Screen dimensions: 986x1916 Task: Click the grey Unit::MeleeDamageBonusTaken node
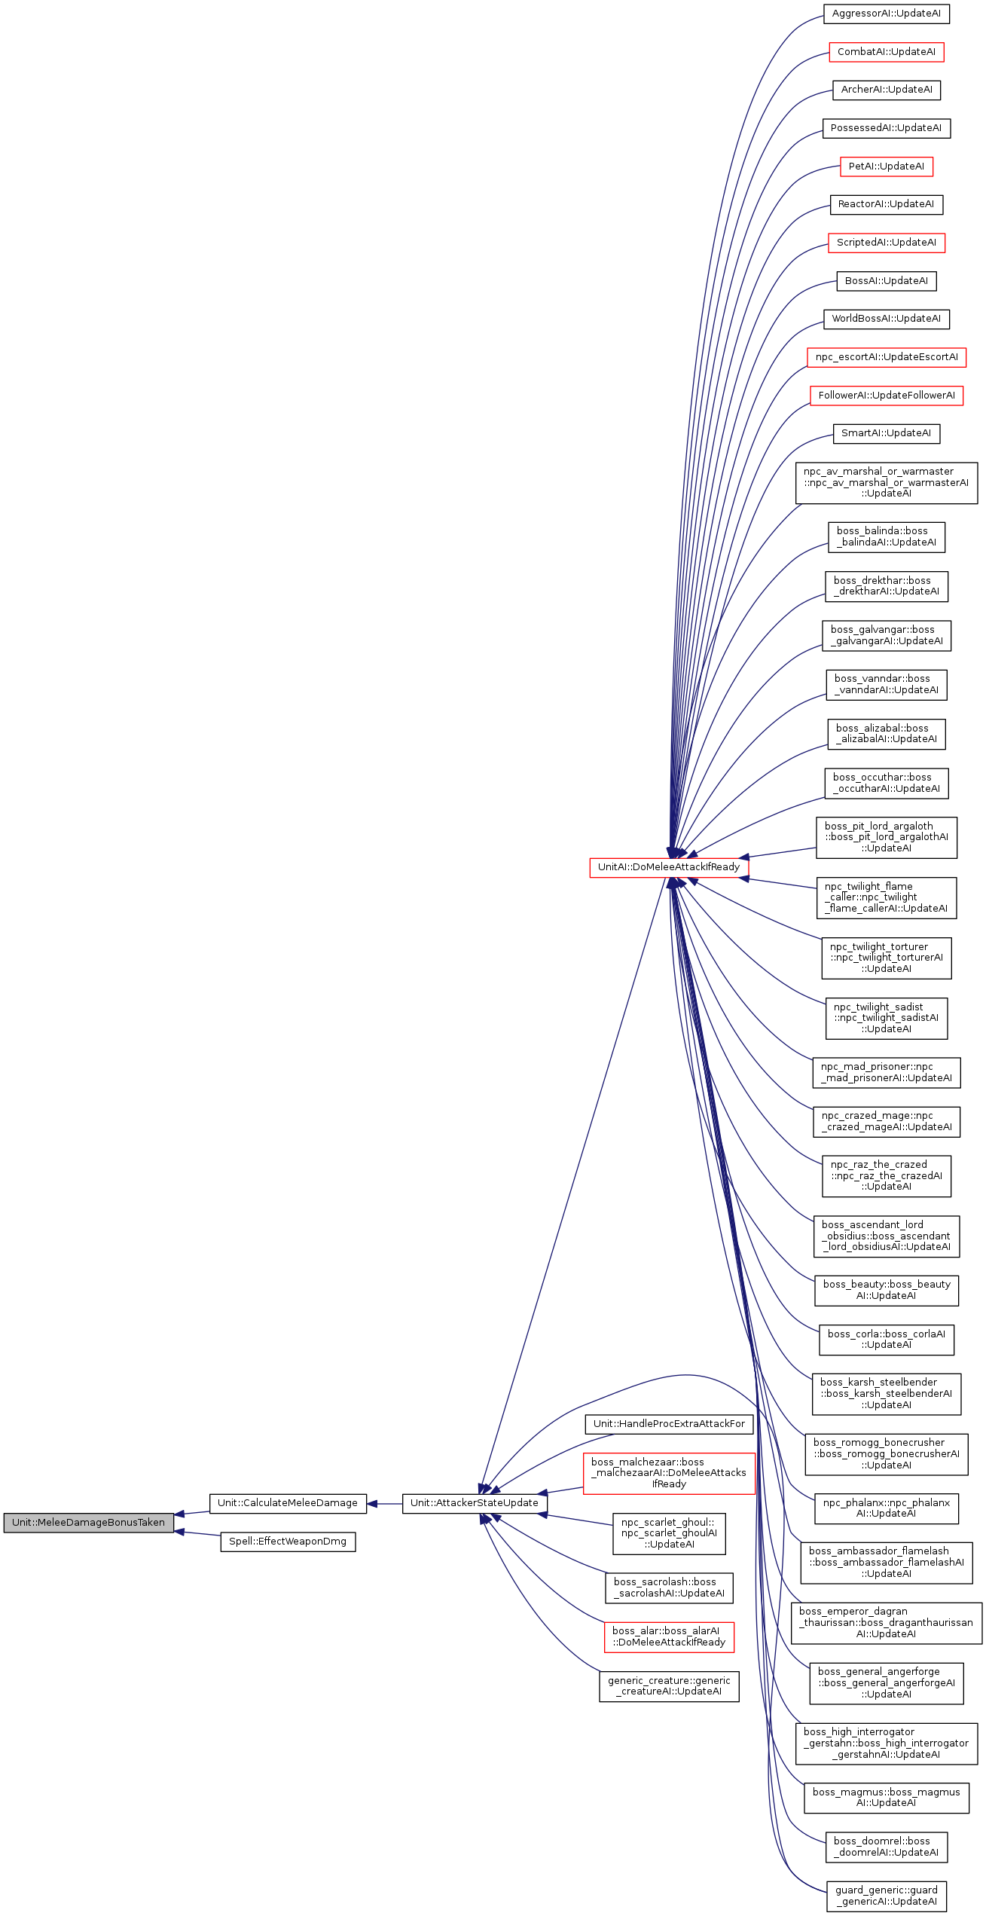[88, 1522]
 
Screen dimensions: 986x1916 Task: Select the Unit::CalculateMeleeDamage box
[287, 1502]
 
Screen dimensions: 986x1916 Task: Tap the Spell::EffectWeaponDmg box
[287, 1541]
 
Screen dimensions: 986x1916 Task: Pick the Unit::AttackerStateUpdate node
[474, 1502]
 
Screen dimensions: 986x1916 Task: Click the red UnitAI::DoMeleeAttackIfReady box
[668, 866]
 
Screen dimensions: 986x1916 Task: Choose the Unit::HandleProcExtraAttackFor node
[668, 1423]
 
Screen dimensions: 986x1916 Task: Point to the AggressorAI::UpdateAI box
[886, 14]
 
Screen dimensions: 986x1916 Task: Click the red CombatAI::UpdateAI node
[886, 52]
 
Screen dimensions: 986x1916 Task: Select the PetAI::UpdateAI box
[886, 167]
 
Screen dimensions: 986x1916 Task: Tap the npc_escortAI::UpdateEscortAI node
[886, 357]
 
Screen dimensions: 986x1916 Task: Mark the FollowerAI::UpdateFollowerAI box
[886, 396]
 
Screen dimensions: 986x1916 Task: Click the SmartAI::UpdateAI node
[886, 433]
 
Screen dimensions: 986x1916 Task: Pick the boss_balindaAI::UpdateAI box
[886, 536]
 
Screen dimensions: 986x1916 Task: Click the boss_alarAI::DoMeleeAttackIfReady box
[668, 1636]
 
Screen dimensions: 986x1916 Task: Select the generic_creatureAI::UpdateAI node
[668, 1685]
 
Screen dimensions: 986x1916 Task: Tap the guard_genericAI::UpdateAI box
[886, 1895]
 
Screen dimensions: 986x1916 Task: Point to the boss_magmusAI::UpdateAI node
[886, 1797]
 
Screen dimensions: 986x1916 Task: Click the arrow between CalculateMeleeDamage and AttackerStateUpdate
[385, 1503]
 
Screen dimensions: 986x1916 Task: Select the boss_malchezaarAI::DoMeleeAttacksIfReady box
[668, 1473]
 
